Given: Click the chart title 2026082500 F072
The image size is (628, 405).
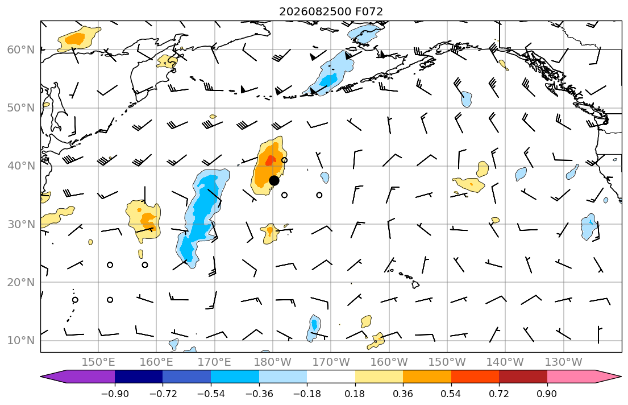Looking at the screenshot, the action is [331, 11].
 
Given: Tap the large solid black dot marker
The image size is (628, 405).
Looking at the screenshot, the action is [274, 180].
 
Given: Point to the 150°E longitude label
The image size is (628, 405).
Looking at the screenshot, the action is [98, 362].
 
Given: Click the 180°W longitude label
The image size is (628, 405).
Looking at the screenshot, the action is [273, 362].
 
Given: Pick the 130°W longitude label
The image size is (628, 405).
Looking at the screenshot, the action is [564, 362].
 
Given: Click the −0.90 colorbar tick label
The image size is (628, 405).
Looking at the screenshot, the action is [115, 394].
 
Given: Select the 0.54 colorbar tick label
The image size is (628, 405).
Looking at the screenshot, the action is [451, 394].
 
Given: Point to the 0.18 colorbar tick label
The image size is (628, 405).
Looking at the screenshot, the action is [355, 394].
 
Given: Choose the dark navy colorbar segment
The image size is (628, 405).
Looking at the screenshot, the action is [139, 377].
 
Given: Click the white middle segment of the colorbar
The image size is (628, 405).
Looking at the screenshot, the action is [331, 377].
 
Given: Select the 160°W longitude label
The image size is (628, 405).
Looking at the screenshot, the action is [389, 362].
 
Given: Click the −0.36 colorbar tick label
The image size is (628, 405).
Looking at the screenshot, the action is [259, 394].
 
